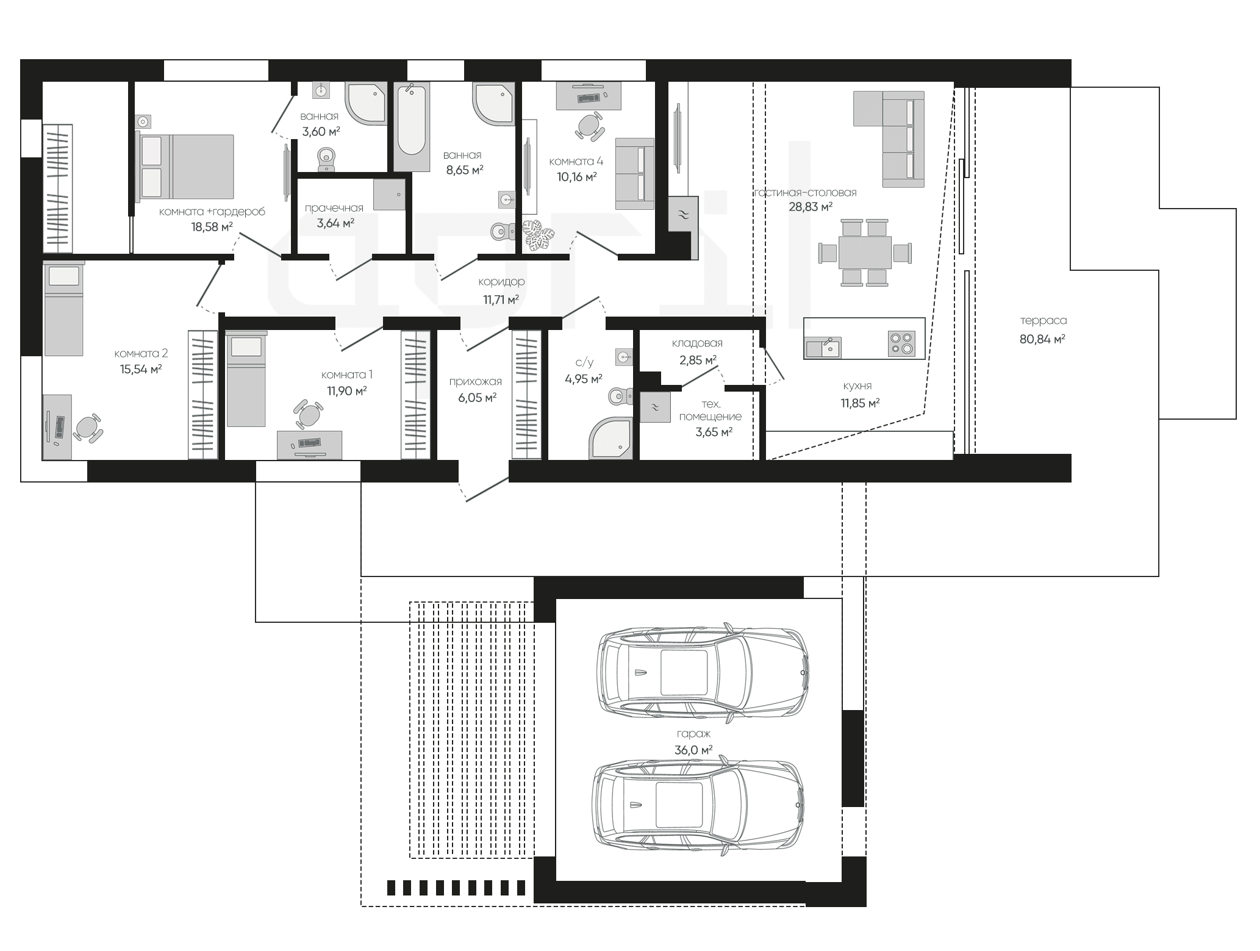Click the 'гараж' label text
(x=693, y=734)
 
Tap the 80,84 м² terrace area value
(x=1042, y=339)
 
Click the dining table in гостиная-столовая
(x=865, y=253)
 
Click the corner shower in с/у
(x=612, y=437)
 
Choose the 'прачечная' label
(x=334, y=209)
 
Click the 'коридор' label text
(x=501, y=282)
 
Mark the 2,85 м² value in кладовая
(x=698, y=360)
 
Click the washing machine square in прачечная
(x=389, y=194)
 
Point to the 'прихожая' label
(x=476, y=382)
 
